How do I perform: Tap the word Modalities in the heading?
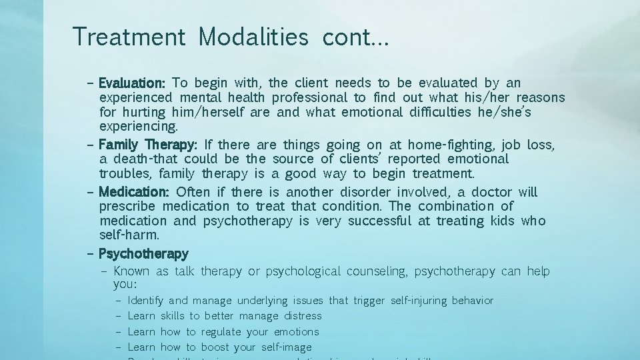[253, 37]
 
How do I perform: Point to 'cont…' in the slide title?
[355, 37]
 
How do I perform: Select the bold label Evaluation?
[132, 83]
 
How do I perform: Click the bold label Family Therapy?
[148, 145]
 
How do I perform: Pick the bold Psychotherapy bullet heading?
[143, 254]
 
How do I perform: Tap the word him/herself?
[187, 112]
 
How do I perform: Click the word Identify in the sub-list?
[145, 301]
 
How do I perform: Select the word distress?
[303, 316]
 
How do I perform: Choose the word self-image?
[286, 347]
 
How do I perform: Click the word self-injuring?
[419, 301]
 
